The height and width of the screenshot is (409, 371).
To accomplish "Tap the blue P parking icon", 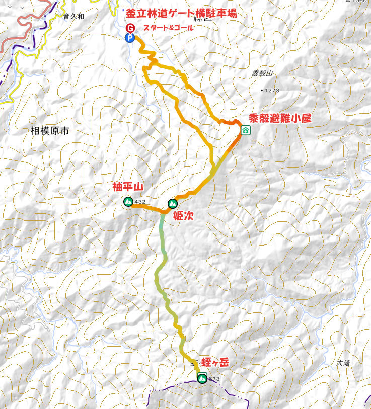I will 130,38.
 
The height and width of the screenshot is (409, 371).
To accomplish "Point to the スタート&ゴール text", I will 168,27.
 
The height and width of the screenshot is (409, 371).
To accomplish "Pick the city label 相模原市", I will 49,131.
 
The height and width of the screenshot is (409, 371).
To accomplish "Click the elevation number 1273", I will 272,90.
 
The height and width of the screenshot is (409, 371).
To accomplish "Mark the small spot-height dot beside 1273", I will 262,90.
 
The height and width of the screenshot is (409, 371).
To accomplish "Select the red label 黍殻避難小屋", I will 280,119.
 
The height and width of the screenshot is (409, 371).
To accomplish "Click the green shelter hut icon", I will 245,131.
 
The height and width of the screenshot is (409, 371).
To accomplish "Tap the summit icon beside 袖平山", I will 128,202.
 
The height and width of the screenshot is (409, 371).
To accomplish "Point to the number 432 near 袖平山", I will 140,202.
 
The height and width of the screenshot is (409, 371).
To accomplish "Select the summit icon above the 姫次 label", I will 172,204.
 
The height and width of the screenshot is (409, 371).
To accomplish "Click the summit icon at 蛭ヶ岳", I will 202,378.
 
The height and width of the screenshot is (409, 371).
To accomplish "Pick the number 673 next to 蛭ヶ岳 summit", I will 214,379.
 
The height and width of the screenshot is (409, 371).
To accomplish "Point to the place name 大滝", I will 343,363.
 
